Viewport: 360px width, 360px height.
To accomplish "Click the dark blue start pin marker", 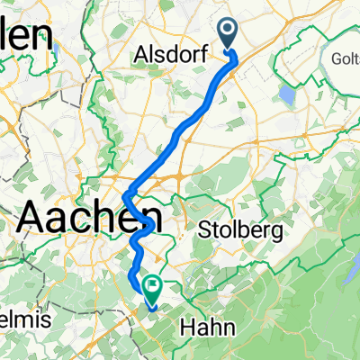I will click(x=227, y=34).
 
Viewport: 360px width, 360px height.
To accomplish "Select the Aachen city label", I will click(x=90, y=217).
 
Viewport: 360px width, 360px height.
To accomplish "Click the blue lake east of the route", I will click(x=286, y=94).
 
